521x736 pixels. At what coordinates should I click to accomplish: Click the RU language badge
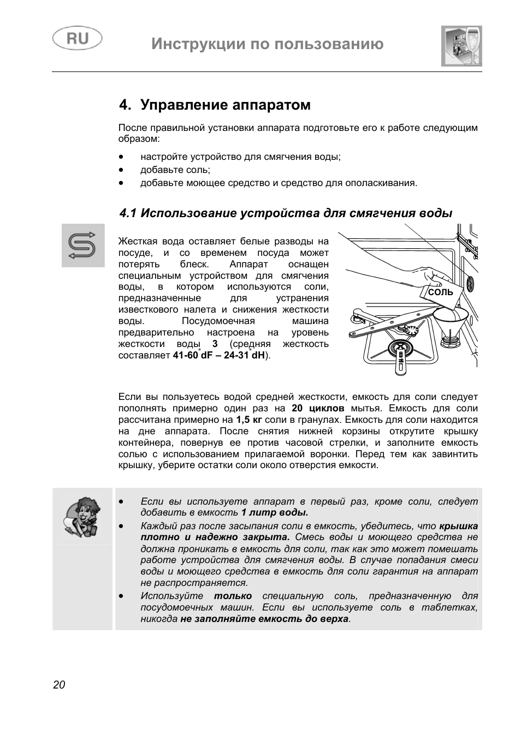(x=77, y=39)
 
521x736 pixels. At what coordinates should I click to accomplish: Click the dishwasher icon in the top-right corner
(x=461, y=46)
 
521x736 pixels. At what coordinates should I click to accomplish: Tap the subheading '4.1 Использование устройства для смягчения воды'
(x=286, y=213)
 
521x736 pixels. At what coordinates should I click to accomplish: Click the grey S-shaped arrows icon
(x=82, y=245)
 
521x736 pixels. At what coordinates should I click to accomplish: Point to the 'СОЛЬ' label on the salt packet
(x=440, y=292)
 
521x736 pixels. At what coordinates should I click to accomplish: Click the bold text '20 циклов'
(x=318, y=408)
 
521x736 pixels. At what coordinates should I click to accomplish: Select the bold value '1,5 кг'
(x=249, y=420)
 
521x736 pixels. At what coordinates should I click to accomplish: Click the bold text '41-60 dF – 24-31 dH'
(x=218, y=355)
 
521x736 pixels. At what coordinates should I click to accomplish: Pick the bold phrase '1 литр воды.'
(x=275, y=512)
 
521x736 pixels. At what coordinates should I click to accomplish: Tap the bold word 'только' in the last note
(x=233, y=596)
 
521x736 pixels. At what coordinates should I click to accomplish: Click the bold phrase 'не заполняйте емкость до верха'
(x=264, y=619)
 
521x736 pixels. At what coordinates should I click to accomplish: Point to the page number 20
(x=59, y=685)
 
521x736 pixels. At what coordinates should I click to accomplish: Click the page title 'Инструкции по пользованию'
(x=268, y=44)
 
